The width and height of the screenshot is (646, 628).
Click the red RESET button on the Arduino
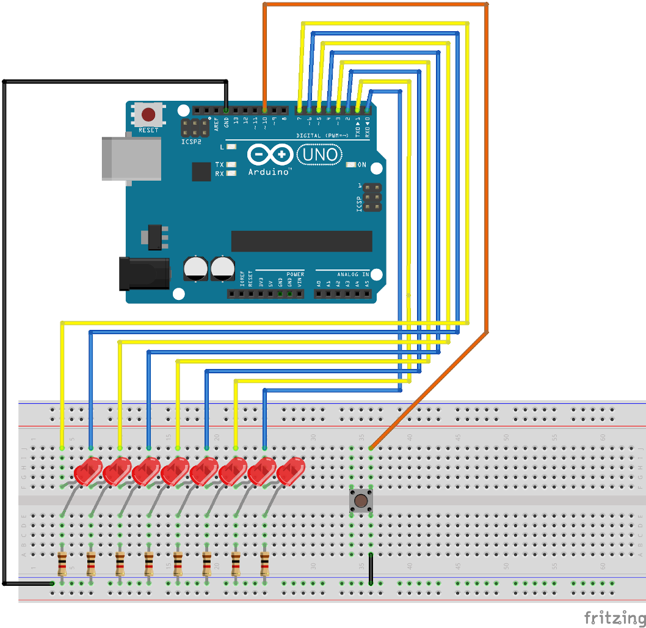pos(148,114)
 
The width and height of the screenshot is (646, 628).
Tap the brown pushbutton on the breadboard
pos(361,501)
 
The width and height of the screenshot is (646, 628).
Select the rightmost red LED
pos(291,472)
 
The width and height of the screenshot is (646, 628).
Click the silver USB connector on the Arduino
pos(131,159)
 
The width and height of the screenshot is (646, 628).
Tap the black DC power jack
pos(143,273)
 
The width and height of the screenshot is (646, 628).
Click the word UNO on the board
pos(319,155)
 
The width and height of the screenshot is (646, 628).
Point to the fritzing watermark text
pos(614,616)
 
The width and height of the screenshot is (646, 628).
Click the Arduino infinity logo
pos(269,155)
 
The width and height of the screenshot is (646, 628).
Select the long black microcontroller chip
pos(302,241)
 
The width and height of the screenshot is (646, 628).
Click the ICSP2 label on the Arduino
pos(192,142)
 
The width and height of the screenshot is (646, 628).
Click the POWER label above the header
pos(295,274)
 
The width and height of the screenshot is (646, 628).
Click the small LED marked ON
pos(351,165)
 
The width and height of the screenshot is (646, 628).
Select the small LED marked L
pos(231,147)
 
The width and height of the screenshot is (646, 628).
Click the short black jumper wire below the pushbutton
pos(370,568)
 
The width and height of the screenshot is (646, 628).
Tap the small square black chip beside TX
pos(201,172)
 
